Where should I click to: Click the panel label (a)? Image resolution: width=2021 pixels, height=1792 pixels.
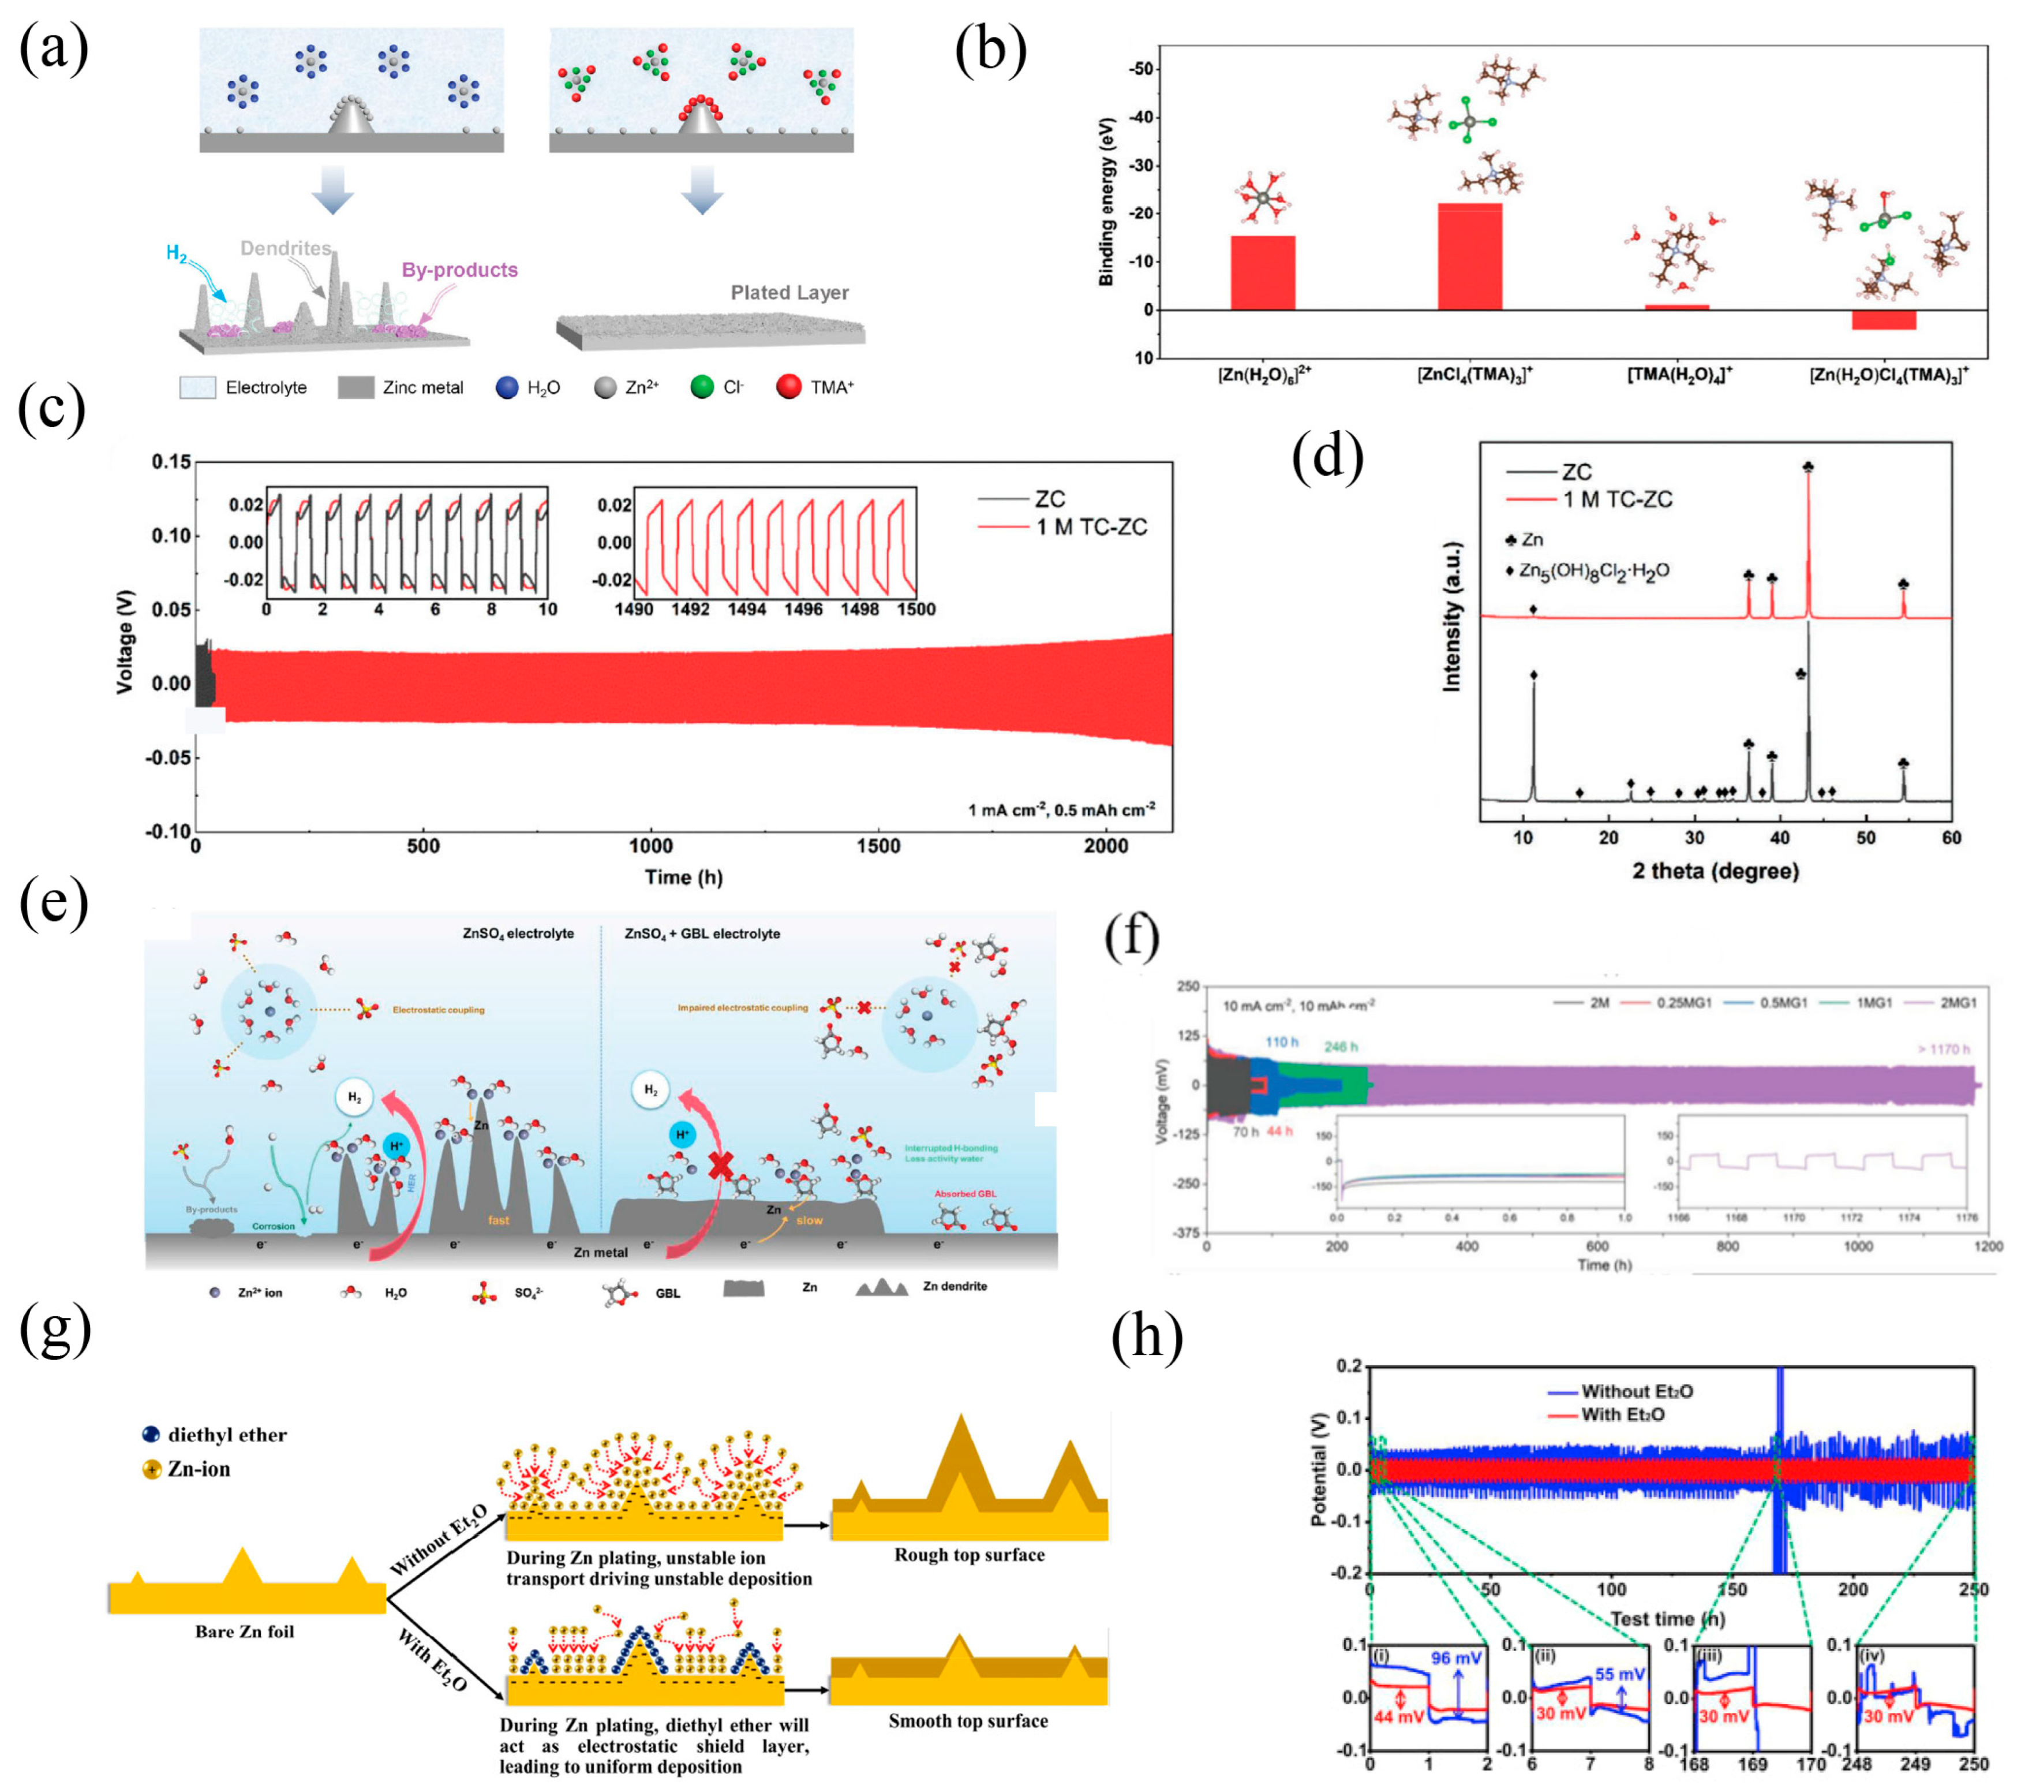tap(54, 50)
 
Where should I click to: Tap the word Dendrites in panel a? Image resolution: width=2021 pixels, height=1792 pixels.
tap(286, 248)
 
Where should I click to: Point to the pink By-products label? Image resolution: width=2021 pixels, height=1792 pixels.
tap(460, 270)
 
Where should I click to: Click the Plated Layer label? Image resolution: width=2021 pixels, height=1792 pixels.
tap(789, 293)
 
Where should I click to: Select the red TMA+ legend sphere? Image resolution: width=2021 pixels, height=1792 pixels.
tap(788, 387)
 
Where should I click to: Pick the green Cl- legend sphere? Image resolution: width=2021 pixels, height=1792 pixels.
tap(702, 387)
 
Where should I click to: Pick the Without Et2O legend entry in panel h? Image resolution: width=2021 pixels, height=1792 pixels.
tap(1637, 1391)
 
